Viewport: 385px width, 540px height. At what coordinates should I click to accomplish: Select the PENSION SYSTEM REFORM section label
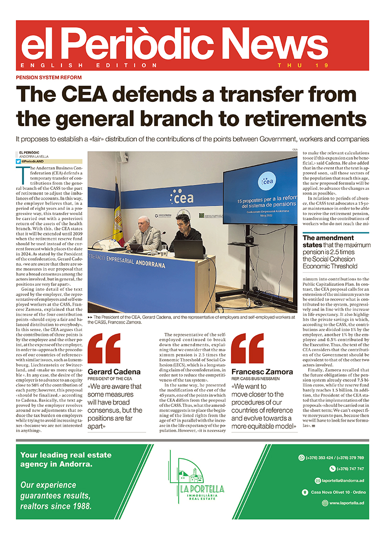click(x=49, y=77)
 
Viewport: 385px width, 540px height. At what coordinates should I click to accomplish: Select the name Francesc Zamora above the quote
click(x=262, y=371)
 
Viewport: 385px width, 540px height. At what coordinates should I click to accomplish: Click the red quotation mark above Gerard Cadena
click(x=104, y=348)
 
